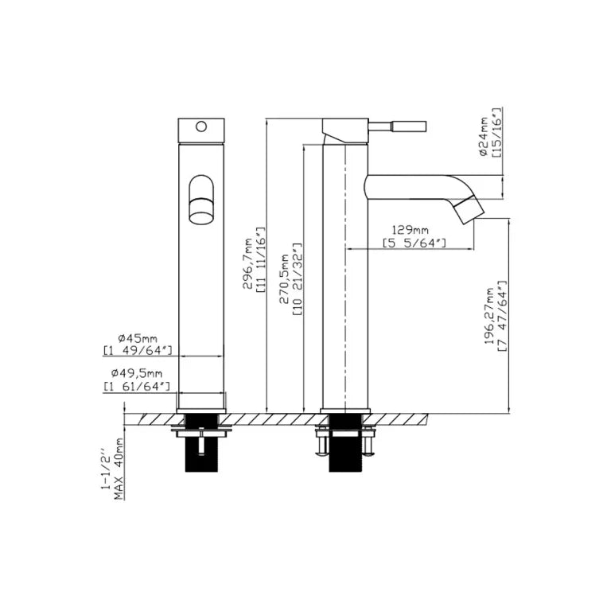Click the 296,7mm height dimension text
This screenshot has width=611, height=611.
(x=248, y=263)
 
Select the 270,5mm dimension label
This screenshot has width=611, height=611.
(x=286, y=279)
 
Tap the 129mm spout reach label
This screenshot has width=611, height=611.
(x=410, y=230)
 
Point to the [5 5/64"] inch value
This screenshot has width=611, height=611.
(x=414, y=243)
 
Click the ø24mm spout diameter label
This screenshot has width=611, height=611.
(x=484, y=136)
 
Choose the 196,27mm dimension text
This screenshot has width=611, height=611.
(x=489, y=316)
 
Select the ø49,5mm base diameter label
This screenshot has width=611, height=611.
(x=136, y=373)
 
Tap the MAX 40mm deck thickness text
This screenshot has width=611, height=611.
(x=119, y=469)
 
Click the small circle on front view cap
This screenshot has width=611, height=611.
(x=201, y=126)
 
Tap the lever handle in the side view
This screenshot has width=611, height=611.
(x=397, y=126)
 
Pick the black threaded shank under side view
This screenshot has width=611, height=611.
(x=345, y=443)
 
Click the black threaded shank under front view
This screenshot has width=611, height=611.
(x=201, y=443)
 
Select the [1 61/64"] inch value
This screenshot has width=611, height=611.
(x=137, y=386)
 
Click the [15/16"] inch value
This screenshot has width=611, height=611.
(x=497, y=133)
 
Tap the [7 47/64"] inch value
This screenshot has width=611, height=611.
(x=503, y=316)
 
